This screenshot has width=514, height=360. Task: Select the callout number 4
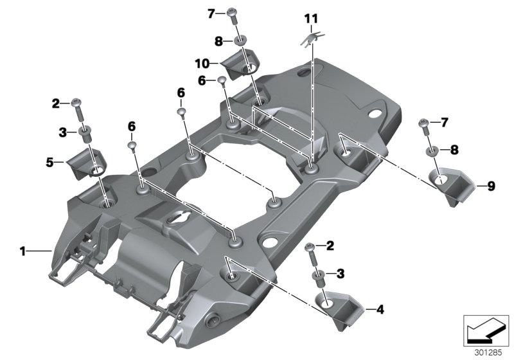coord(380,310)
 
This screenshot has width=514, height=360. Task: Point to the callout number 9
coord(491,186)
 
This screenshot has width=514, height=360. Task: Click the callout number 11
coord(311,19)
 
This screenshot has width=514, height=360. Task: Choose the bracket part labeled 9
coord(450,183)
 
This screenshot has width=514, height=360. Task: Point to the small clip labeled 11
coord(311,40)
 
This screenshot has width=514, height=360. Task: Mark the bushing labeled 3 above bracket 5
coord(84,133)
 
